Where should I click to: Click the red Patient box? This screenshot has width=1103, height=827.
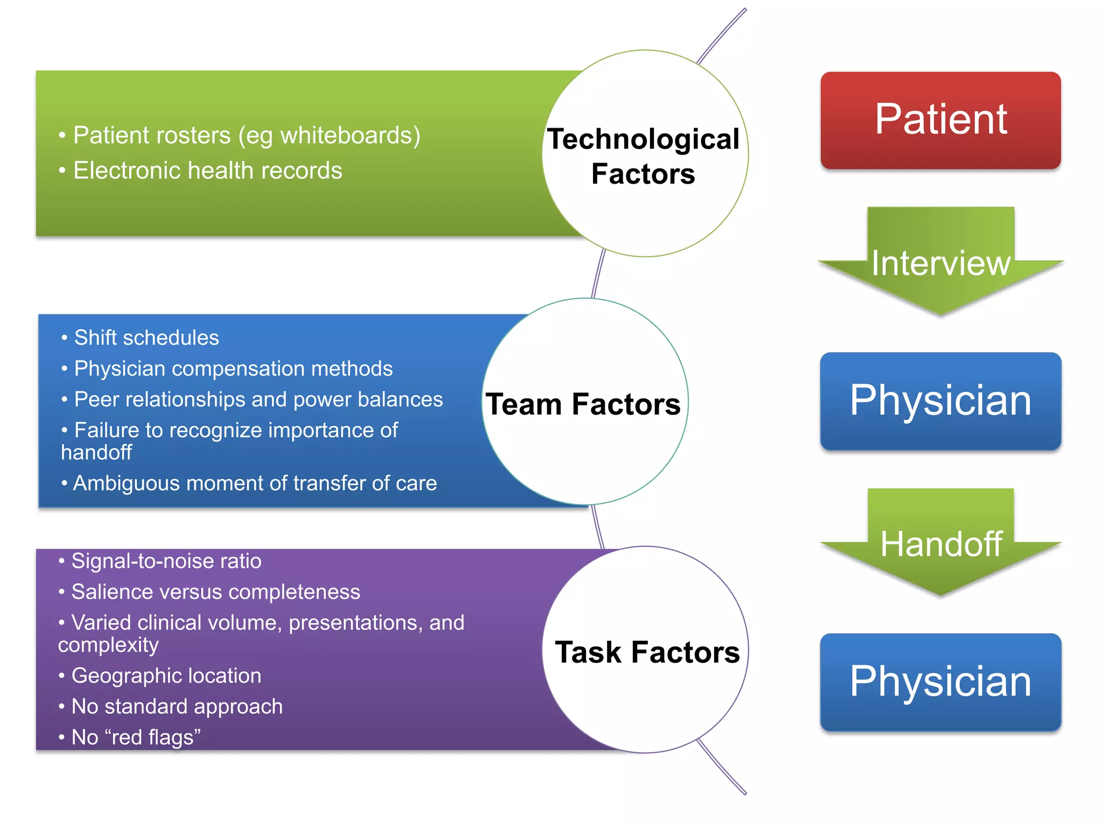click(x=940, y=120)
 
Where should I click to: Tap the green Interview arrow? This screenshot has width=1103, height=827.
click(x=940, y=263)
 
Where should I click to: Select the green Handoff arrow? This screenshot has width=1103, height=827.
click(x=940, y=544)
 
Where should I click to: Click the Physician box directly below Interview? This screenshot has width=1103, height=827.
click(x=940, y=401)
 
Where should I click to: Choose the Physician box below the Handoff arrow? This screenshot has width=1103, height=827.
click(x=940, y=682)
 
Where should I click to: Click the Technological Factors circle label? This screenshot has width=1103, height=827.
click(x=644, y=156)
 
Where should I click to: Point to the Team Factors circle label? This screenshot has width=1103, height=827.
click(x=583, y=404)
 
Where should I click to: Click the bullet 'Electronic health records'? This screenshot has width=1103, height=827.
click(x=207, y=171)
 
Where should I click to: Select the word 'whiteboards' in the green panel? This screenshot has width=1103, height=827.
click(x=346, y=135)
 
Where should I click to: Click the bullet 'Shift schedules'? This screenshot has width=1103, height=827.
click(x=146, y=338)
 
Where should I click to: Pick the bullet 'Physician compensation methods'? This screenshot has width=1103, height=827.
click(x=233, y=369)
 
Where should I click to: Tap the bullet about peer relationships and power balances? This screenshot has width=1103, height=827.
click(x=258, y=400)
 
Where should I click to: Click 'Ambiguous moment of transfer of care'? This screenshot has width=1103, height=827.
click(x=255, y=483)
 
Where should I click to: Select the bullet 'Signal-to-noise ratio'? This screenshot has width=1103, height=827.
click(x=166, y=561)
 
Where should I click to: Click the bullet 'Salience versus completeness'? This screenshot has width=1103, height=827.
click(x=215, y=592)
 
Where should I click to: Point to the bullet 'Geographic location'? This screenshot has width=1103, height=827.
click(x=166, y=676)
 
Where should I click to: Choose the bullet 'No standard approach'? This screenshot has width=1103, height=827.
click(x=177, y=706)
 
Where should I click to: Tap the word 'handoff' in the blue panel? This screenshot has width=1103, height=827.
click(x=96, y=452)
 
